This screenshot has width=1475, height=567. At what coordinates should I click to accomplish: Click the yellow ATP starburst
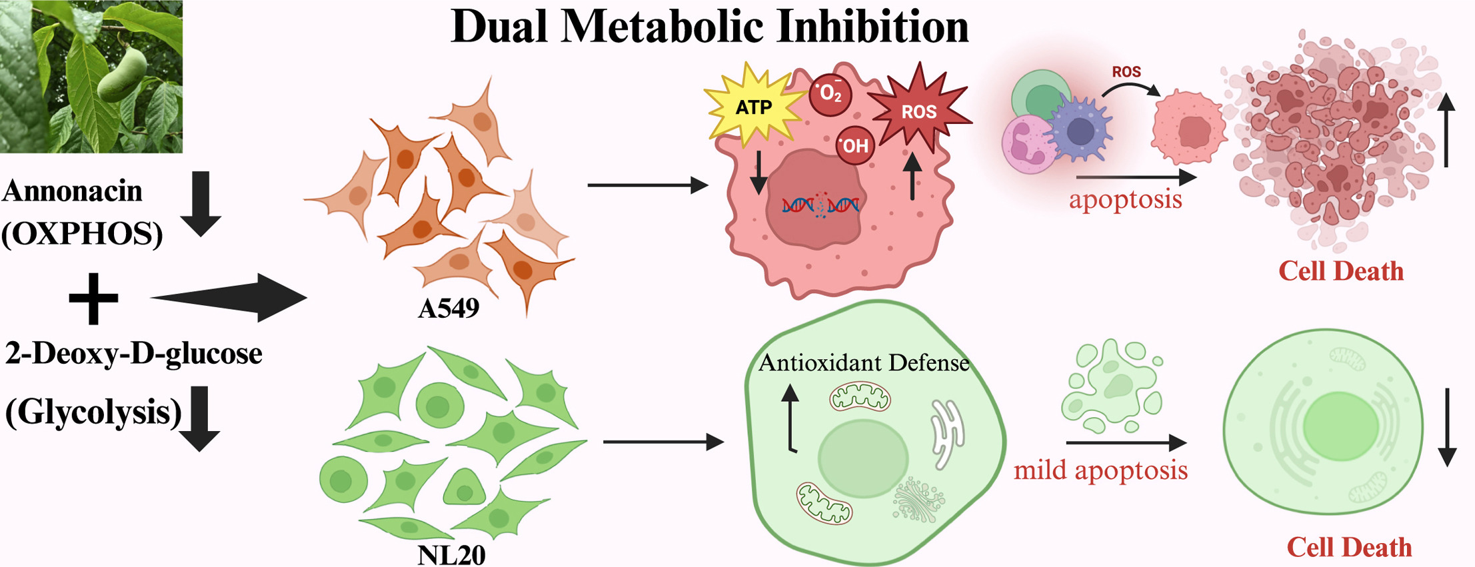pos(754,107)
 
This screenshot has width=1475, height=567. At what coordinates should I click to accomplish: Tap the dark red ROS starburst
pos(919,111)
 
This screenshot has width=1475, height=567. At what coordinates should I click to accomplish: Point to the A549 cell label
pos(449,308)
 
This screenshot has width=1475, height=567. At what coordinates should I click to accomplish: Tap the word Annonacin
pos(73,192)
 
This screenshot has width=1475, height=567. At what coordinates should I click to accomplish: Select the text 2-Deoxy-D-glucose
pos(133,354)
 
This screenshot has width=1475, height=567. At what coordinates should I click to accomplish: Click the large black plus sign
pos(94,298)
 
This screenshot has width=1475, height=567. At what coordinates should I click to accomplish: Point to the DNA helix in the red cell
pos(820,205)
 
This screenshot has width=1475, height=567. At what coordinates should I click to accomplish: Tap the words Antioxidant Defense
pos(864,363)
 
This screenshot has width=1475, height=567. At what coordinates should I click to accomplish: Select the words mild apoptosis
pos(1100,470)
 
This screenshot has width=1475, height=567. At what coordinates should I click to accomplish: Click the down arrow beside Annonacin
pos(201,203)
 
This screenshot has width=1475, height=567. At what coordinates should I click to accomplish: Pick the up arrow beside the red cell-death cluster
pos(1446,130)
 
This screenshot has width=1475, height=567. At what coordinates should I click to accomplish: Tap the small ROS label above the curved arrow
pos(1126,72)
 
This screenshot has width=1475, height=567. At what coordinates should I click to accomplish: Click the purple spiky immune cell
pos(1080,130)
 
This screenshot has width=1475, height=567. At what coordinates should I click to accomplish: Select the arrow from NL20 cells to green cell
pos(663,441)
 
